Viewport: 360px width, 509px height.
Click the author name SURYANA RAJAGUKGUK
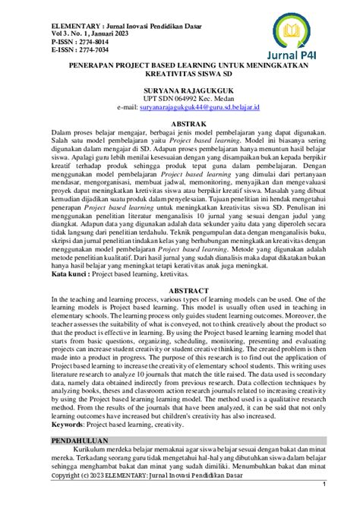tap(180, 90)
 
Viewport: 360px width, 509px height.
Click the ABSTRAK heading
tap(180, 122)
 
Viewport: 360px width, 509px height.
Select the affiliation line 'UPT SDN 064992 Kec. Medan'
tap(180, 99)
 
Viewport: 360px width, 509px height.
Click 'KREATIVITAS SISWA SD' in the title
tap(180, 75)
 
